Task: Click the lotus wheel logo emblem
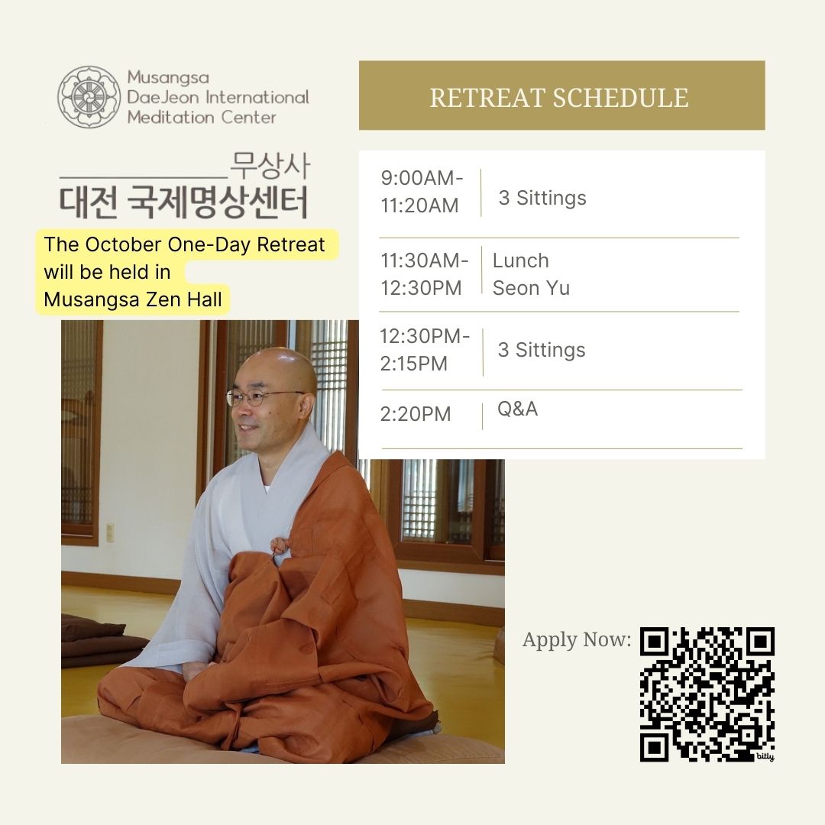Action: point(89,97)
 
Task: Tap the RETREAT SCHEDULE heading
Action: point(558,98)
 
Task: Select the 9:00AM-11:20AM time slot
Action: point(422,192)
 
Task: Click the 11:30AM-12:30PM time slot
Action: point(424,274)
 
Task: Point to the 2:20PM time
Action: point(415,414)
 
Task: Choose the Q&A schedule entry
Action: point(517,409)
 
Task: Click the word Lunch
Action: point(520,260)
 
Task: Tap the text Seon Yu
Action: point(531,288)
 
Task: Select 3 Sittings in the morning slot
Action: point(542,198)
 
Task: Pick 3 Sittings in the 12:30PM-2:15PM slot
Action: point(542,350)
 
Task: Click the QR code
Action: point(707,694)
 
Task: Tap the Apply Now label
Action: point(577,640)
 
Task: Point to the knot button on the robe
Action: point(280,545)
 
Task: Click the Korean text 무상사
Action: point(270,166)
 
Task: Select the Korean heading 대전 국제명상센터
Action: point(183,202)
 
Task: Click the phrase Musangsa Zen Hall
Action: point(133,299)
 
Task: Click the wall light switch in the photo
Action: point(110,532)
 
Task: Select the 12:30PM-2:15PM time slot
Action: point(425,350)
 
